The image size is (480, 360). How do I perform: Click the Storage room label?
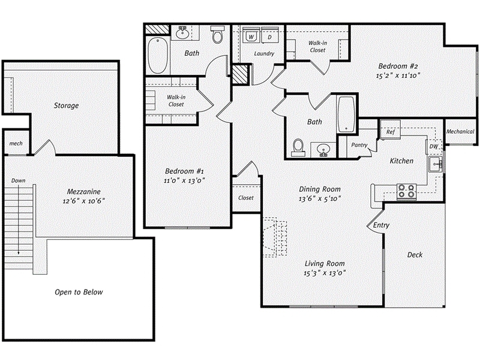tap(66, 106)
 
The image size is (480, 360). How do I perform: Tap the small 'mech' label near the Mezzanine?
tap(15, 145)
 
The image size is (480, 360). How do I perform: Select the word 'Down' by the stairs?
tap(18, 181)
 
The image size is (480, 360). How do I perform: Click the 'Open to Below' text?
tap(79, 292)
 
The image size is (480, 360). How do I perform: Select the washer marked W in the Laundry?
tap(251, 37)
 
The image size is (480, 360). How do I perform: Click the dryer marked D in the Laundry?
tap(269, 37)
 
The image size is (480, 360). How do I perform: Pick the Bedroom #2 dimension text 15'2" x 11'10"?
tap(398, 76)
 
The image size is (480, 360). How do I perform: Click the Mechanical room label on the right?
tap(461, 131)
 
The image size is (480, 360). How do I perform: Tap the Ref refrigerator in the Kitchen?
tap(389, 131)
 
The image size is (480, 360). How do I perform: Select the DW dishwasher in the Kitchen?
tap(433, 146)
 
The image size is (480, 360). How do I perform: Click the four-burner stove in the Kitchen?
tap(406, 191)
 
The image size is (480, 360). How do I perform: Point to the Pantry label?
tap(359, 145)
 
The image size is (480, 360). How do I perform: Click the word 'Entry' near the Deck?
tap(381, 225)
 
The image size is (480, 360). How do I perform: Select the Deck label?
tap(415, 254)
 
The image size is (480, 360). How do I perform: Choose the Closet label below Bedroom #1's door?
tap(246, 197)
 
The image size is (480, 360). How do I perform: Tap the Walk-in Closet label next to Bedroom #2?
tap(317, 46)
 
